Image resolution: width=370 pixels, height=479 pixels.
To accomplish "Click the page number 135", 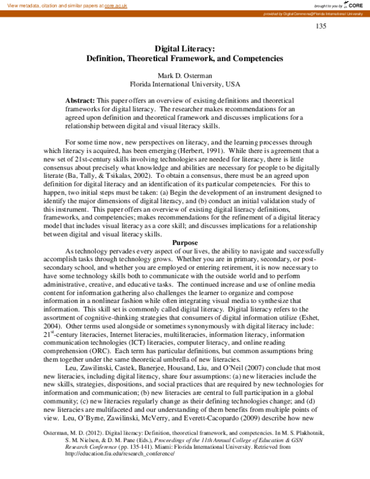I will click(321, 26).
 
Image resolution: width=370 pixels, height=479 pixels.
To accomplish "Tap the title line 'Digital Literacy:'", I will click(184, 48).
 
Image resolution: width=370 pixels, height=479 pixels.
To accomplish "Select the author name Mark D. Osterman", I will click(185, 75).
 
